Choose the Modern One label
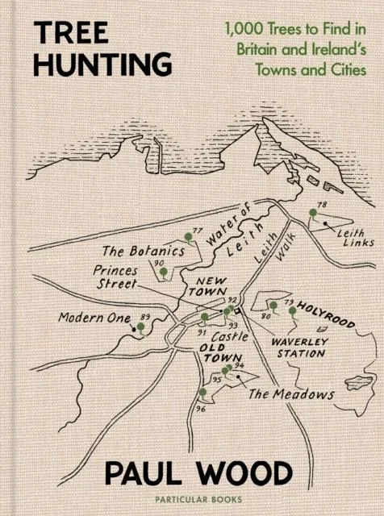coord(94,318)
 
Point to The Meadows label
coord(290,394)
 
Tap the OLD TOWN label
coord(217,352)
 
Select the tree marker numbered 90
coord(164,273)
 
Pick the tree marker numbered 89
coord(141,327)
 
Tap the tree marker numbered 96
coord(203,393)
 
